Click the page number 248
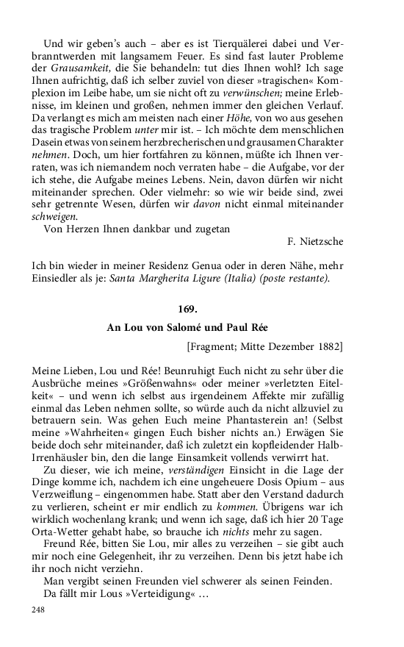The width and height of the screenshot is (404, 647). pyautogui.click(x=39, y=610)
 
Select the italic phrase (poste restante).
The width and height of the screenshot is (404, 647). pyautogui.click(x=292, y=278)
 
